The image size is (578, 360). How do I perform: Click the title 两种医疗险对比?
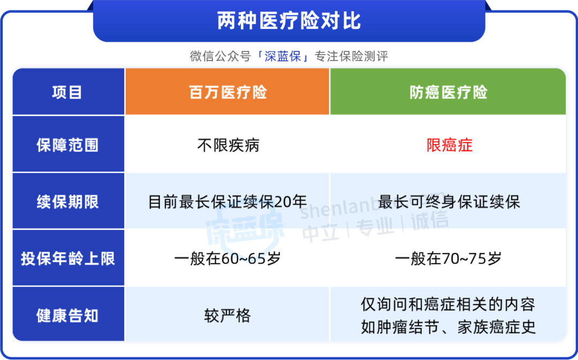click(x=289, y=21)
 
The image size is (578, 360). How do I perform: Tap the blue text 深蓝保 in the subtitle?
click(x=283, y=56)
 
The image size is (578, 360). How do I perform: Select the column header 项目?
click(x=67, y=92)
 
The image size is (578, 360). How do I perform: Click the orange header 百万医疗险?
click(x=228, y=92)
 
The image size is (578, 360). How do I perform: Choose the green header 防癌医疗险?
click(x=448, y=92)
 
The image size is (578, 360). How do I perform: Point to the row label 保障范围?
click(x=67, y=145)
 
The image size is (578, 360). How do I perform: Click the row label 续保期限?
click(x=67, y=202)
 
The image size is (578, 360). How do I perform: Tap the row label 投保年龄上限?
click(x=68, y=259)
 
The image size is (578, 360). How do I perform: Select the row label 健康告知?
click(x=67, y=316)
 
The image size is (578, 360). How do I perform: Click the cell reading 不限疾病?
click(x=228, y=145)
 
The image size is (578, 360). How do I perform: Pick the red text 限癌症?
click(x=450, y=145)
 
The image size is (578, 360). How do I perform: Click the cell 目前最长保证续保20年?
click(x=227, y=202)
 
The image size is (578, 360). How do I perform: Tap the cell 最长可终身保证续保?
click(x=449, y=202)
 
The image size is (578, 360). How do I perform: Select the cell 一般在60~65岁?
click(x=227, y=259)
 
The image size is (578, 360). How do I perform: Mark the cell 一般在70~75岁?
click(x=448, y=259)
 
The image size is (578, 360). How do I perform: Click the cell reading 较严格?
click(x=227, y=316)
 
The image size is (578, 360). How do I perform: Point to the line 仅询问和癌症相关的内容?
click(x=448, y=304)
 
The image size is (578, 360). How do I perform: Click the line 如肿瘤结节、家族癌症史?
click(x=448, y=327)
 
